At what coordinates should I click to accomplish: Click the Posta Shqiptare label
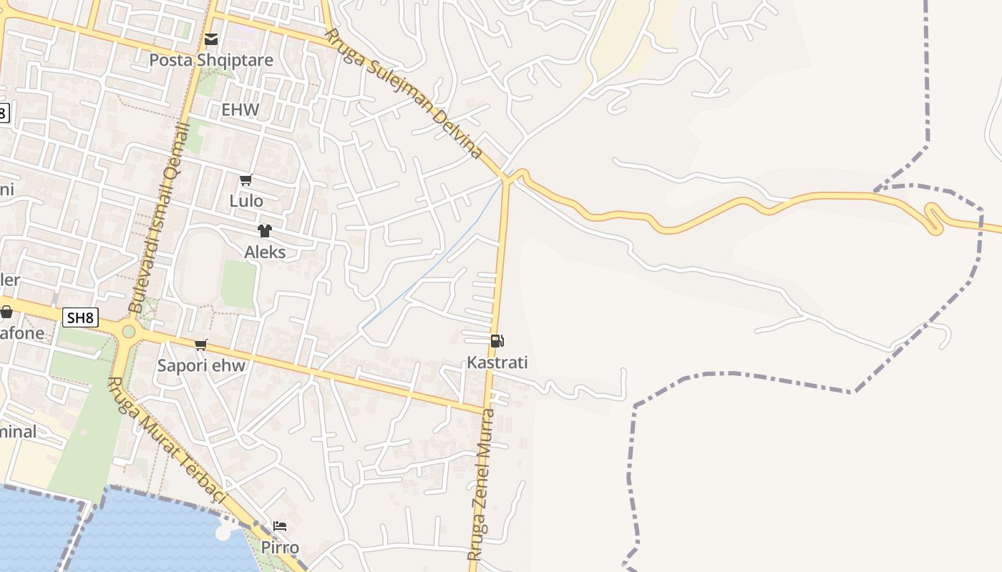click(211, 60)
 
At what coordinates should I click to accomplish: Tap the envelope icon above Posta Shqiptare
click(211, 39)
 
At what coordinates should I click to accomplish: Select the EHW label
click(240, 110)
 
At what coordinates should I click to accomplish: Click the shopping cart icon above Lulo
click(246, 179)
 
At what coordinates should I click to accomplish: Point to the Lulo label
click(246, 201)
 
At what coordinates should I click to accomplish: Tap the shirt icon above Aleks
click(265, 230)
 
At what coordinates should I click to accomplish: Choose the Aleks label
click(265, 252)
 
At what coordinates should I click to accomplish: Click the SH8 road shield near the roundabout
click(80, 317)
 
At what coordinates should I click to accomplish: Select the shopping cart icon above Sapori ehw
click(201, 345)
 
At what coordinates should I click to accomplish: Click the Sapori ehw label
click(201, 366)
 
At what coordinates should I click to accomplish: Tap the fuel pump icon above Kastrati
click(497, 341)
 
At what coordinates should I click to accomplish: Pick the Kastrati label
click(497, 363)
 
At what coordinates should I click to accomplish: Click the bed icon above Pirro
click(280, 527)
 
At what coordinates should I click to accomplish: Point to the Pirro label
click(280, 548)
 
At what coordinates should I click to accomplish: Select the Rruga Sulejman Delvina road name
click(404, 93)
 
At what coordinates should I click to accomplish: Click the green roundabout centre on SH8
click(129, 331)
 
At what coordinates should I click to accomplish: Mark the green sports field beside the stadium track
click(238, 284)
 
